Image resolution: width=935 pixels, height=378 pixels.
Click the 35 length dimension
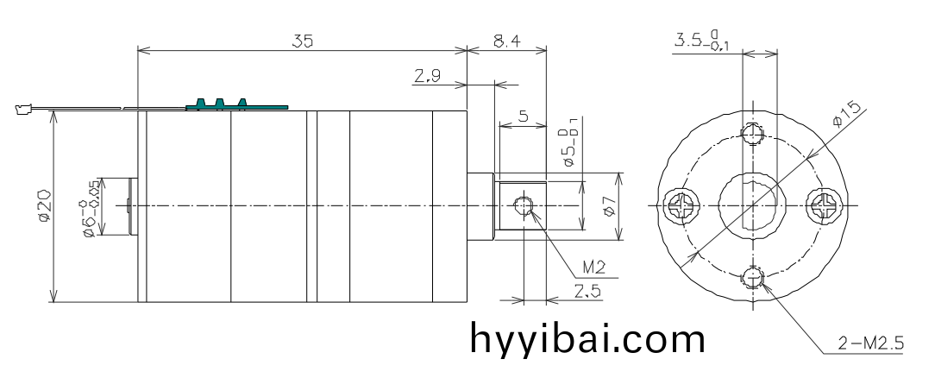coord(301,40)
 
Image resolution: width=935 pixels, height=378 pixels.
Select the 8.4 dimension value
coord(505,40)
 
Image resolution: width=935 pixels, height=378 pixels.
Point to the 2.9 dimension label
coord(426,78)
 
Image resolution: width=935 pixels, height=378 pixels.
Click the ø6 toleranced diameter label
coord(88,206)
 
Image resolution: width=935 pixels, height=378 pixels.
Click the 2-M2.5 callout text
coord(871,344)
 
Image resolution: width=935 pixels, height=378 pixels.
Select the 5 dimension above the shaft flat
coord(524,117)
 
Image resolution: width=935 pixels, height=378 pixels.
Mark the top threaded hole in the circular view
coord(755,134)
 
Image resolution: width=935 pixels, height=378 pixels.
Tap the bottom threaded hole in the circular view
coord(756,278)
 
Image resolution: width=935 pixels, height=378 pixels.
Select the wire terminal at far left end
coord(22,109)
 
